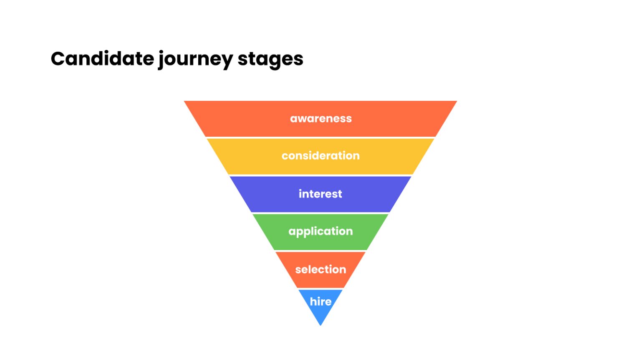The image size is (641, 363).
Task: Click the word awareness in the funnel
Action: [320, 119]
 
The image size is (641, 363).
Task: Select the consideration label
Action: [320, 156]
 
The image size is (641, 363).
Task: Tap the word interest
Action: [320, 194]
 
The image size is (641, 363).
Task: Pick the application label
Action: [320, 231]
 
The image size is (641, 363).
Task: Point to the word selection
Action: [320, 270]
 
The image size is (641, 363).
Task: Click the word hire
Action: [320, 301]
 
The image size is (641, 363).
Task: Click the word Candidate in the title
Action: [102, 59]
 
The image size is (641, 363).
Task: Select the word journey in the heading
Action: [195, 60]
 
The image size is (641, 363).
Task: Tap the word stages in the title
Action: [270, 60]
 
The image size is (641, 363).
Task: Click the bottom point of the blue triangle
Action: [320, 325]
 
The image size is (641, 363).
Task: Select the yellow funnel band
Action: [250, 157]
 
